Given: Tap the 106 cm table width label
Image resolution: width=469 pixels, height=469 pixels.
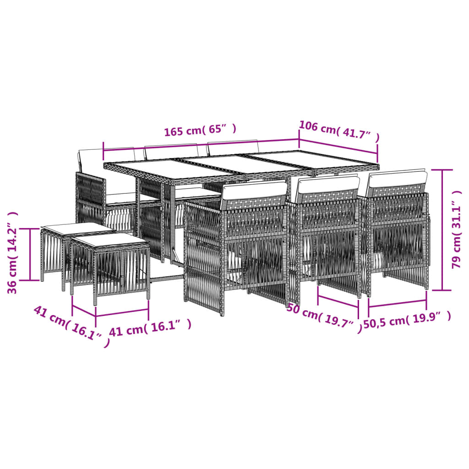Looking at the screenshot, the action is point(339,131).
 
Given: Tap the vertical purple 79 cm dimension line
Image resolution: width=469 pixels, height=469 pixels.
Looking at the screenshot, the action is point(442,230).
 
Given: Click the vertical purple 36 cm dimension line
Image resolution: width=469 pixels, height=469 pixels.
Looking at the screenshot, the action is point(30,255).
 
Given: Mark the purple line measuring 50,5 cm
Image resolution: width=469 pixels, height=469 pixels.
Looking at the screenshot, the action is point(398,303).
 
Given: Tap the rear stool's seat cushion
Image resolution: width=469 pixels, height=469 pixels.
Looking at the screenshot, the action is point(78,228).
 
